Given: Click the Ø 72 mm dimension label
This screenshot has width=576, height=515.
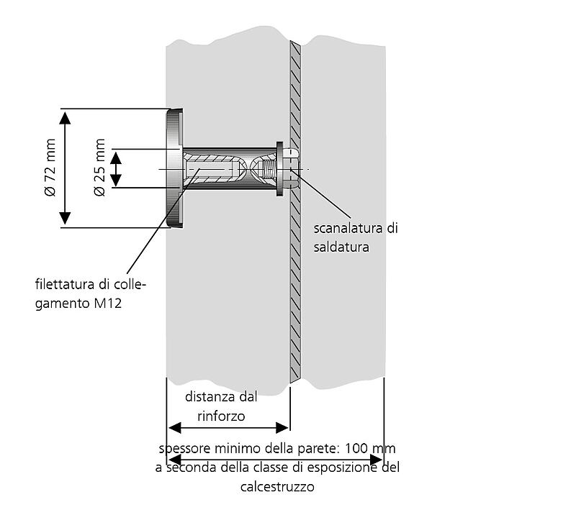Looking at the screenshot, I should (x=49, y=170).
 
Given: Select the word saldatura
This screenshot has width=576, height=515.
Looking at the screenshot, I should (x=341, y=247).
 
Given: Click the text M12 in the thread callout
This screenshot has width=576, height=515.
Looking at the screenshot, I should (x=107, y=304).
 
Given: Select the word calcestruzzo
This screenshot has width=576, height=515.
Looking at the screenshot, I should (x=276, y=487).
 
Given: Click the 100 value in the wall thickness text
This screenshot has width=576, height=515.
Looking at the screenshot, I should (x=356, y=448).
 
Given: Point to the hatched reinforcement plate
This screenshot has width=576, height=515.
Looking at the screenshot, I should (x=295, y=288).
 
